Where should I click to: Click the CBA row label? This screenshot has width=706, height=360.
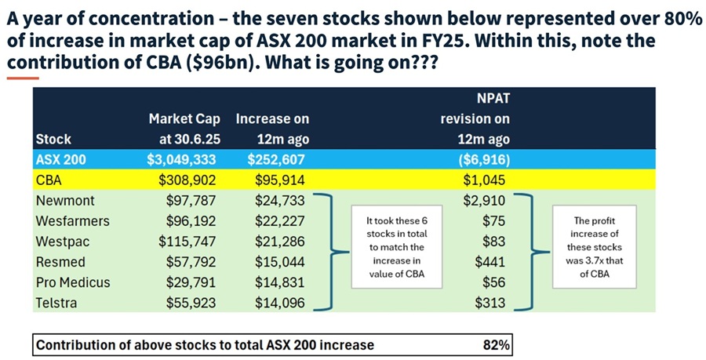click(49, 180)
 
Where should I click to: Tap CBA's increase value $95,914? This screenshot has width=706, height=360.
click(279, 180)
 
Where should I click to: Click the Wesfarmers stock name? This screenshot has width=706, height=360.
click(73, 221)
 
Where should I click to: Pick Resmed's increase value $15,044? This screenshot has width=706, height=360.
click(279, 262)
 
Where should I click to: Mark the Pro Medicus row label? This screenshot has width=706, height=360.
click(73, 282)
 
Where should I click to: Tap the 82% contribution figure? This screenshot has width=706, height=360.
click(497, 344)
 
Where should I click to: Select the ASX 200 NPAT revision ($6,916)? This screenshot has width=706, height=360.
click(484, 159)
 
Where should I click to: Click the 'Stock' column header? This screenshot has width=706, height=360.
click(53, 139)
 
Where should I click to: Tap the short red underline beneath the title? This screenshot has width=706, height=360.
click(23, 78)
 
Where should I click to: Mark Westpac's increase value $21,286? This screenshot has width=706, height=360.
click(279, 242)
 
